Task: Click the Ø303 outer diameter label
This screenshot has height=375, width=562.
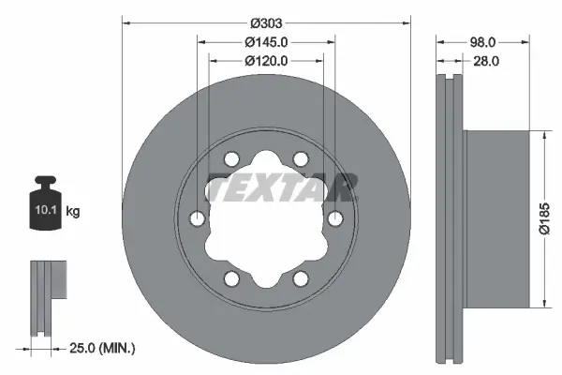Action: coord(266,22)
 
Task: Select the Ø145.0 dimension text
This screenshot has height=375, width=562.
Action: coord(266,42)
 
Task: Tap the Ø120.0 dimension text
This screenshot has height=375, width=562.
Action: coord(266,60)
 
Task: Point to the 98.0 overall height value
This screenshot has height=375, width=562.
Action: coord(481,42)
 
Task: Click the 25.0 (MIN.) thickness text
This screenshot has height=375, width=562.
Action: coord(103,349)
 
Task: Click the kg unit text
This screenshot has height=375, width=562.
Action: coord(73,212)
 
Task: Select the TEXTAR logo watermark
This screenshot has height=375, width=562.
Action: coord(280,187)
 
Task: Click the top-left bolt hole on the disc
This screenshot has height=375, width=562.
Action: coord(232,159)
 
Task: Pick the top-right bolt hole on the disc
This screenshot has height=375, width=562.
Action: coord(301,159)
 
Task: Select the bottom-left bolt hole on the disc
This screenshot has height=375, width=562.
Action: coord(232,278)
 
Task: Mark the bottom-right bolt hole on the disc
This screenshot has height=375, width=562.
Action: coord(301,278)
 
